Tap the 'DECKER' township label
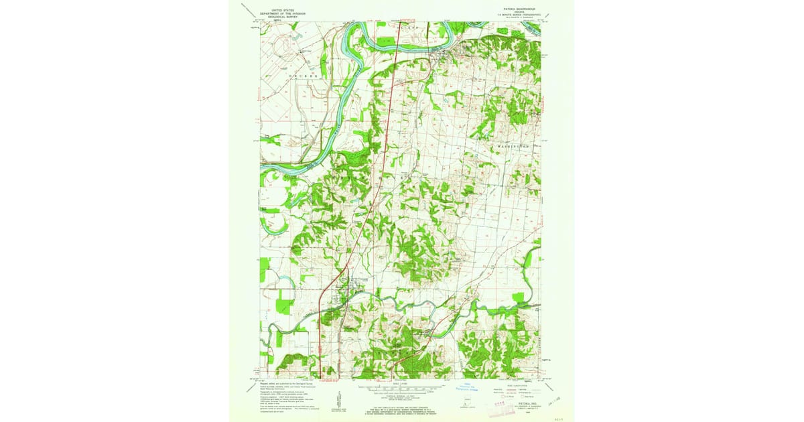301,76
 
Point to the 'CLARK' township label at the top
408,27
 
